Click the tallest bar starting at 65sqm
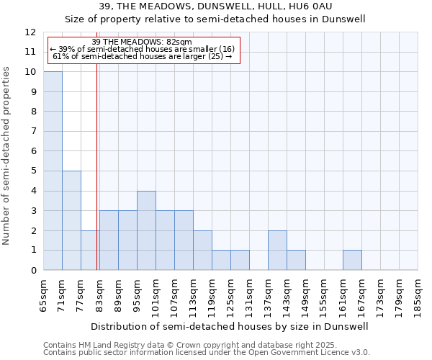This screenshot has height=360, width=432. click(x=53, y=171)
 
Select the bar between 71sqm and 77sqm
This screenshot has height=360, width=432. click(x=71, y=220)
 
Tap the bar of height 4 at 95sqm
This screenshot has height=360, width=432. click(x=146, y=230)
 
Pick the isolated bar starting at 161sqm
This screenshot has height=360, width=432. click(x=352, y=260)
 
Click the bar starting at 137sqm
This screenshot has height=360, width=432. click(x=277, y=250)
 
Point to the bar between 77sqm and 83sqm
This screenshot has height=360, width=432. click(x=90, y=250)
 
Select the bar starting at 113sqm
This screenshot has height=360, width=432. click(x=202, y=250)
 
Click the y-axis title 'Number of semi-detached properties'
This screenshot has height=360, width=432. click(x=7, y=156)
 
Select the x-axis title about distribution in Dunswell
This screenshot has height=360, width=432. click(x=230, y=326)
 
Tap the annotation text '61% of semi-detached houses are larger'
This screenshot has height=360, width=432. click(x=142, y=56)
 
